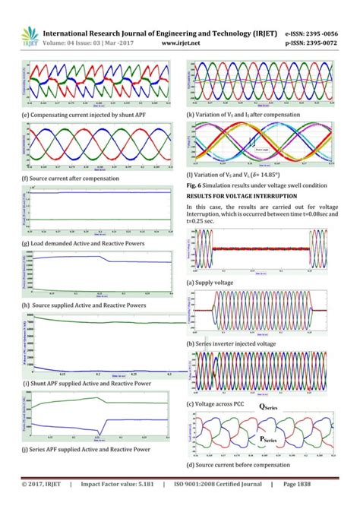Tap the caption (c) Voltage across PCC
pos(222,404)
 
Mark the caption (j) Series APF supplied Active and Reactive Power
pos(90,450)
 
